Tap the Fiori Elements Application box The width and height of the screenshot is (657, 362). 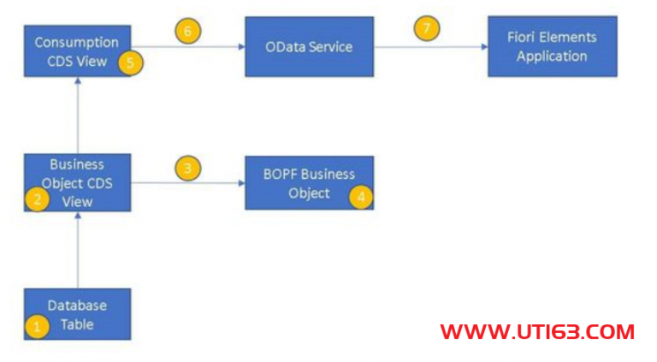coord(552,47)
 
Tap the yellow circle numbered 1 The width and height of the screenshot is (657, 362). coord(37,326)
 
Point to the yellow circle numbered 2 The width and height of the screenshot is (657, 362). coord(37,199)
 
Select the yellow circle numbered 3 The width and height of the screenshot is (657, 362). coord(187,168)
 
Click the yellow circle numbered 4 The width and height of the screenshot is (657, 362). coord(361,196)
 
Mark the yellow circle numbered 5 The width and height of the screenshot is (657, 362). coord(130,62)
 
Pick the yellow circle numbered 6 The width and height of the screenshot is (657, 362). coord(187,32)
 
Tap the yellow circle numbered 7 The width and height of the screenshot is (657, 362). coord(427,29)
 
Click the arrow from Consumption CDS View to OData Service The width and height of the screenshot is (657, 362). coord(188,48)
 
